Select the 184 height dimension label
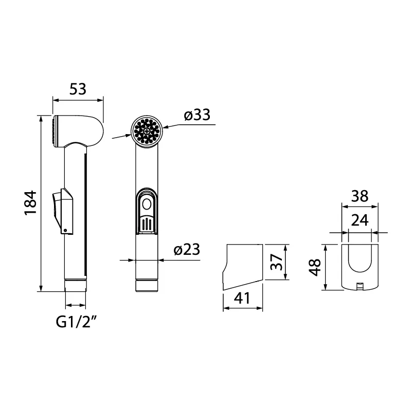pos(31,202)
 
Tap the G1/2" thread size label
pos(77,322)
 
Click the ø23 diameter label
pos(186,250)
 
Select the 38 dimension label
pos(361,196)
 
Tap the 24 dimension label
pos(361,221)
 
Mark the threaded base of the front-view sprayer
pos(148,285)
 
